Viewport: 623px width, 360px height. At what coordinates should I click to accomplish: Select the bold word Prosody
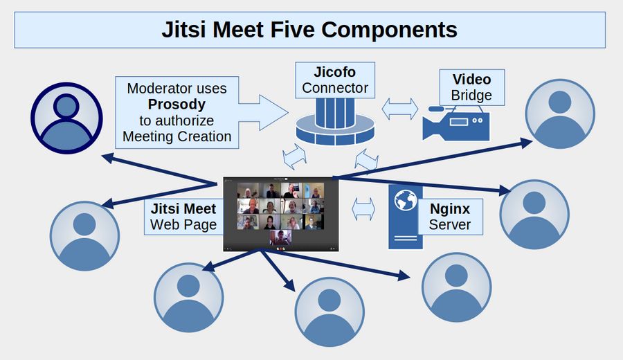coord(177,105)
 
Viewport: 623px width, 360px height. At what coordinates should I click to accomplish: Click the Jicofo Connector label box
coord(335,80)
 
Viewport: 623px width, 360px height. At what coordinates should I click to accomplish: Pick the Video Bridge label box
coord(471,87)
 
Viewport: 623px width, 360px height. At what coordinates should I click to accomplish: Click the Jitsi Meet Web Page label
coord(183,216)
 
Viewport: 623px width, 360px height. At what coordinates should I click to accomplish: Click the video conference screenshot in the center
coord(280,214)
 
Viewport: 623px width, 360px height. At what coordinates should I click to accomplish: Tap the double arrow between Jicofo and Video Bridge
coord(400,109)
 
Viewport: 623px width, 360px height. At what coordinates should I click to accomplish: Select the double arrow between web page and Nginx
coord(363,209)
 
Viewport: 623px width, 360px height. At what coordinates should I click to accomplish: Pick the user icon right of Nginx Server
coord(534,214)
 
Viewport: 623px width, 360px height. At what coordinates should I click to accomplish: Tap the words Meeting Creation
coord(177,136)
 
